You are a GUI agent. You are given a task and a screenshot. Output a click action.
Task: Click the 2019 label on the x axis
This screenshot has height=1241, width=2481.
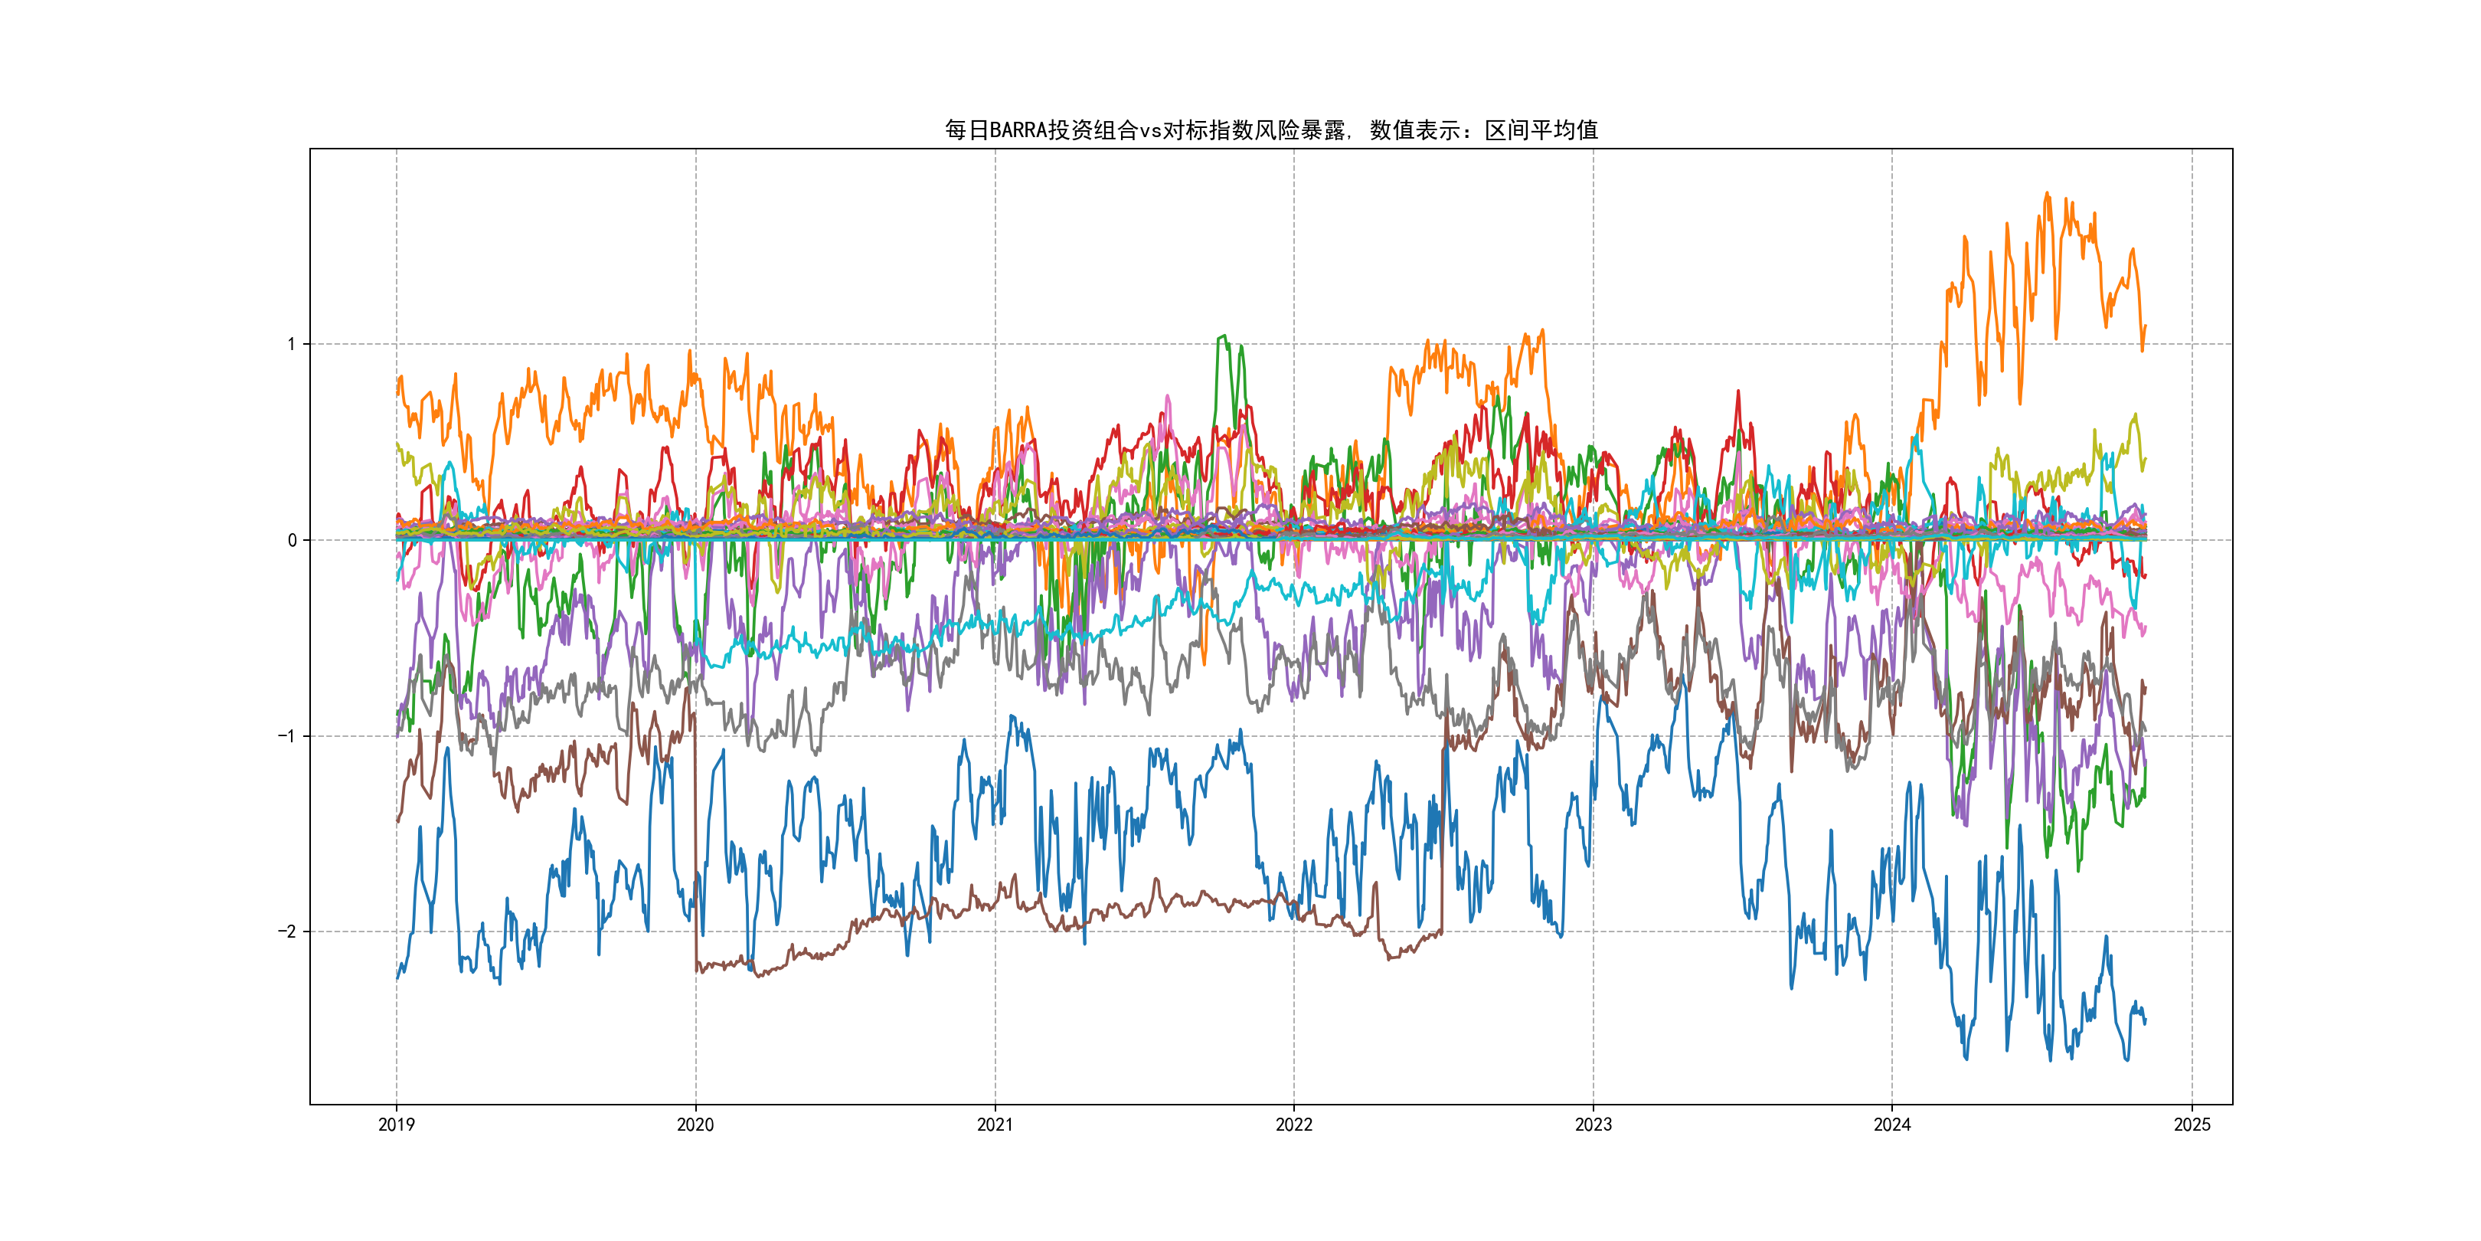(x=396, y=1125)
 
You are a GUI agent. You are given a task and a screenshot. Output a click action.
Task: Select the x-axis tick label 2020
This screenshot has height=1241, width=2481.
(x=695, y=1125)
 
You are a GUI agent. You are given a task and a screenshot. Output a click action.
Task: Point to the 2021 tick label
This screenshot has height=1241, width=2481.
(x=995, y=1125)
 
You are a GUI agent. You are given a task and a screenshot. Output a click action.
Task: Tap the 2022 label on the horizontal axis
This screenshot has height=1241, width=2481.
(x=1293, y=1125)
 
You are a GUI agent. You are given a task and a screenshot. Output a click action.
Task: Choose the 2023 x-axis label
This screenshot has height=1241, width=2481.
(x=1593, y=1125)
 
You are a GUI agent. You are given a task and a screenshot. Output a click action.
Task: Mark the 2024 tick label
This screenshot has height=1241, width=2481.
(x=1891, y=1125)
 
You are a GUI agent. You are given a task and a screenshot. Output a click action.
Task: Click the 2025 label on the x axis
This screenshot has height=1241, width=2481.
(x=2192, y=1125)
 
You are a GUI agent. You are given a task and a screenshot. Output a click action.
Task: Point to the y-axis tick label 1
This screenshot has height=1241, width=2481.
(x=292, y=344)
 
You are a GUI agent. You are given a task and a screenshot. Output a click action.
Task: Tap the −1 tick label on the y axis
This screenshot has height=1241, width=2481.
(x=287, y=736)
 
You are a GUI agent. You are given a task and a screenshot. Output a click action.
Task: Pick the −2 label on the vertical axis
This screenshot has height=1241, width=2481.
(x=287, y=932)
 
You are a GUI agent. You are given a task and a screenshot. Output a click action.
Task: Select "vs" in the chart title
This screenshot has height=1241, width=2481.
(x=1150, y=130)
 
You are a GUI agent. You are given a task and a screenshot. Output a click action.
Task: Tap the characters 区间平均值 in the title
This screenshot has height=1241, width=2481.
(x=1541, y=130)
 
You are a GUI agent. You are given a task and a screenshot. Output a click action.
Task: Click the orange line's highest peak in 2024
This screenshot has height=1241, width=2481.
(x=2048, y=194)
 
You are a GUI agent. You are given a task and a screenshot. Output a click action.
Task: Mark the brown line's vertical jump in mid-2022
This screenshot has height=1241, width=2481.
(x=1443, y=829)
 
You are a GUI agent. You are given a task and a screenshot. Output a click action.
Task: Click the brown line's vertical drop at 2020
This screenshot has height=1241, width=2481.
(x=695, y=848)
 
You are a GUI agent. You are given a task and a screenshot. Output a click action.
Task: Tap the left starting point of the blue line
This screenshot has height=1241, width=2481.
(x=397, y=978)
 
